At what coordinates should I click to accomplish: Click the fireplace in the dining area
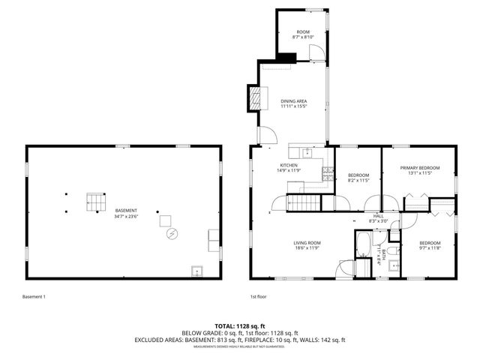tap(256, 95)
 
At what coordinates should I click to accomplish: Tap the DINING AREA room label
tap(294, 101)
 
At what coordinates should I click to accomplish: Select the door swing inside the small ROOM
tap(318, 50)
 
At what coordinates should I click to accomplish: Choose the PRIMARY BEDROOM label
tap(419, 168)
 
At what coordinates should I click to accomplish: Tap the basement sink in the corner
tap(196, 271)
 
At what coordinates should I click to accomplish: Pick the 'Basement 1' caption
tap(34, 297)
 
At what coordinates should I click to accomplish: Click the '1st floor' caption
tap(258, 297)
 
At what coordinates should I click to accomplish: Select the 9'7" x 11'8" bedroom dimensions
tap(429, 247)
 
